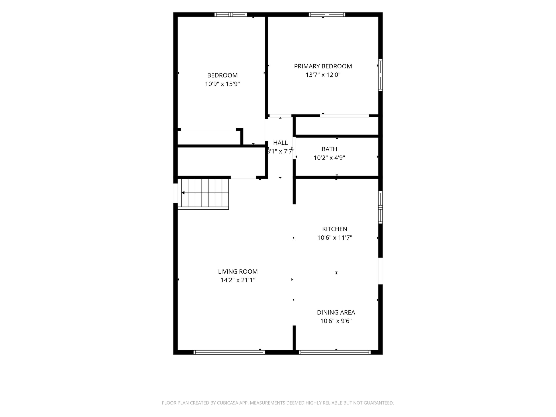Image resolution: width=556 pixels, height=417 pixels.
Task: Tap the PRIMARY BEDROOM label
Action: coord(323,66)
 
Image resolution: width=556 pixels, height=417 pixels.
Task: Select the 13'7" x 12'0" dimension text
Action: coord(323,75)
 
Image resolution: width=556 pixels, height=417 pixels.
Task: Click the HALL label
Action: coord(280,143)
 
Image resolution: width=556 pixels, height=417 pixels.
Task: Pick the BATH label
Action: coord(329,149)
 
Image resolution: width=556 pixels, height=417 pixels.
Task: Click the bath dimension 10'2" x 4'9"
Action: coord(329,158)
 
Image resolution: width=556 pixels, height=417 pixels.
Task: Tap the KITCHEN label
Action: coord(335,229)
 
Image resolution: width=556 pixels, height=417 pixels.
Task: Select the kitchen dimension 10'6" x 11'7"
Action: coord(335,238)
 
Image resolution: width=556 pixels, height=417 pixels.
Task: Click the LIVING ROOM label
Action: coord(238,272)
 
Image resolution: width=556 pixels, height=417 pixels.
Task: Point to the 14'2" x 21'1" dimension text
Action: coord(238,280)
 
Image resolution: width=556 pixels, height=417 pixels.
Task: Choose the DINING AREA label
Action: coord(336,313)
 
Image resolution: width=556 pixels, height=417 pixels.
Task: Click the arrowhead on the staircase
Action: coord(183,193)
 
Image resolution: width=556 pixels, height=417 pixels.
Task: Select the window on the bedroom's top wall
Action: coord(231,14)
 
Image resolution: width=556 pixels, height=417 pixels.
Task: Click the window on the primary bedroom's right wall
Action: coord(380,75)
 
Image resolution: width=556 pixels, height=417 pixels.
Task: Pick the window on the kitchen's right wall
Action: coord(380,207)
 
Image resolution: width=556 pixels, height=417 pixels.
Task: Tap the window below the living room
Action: coord(229,352)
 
